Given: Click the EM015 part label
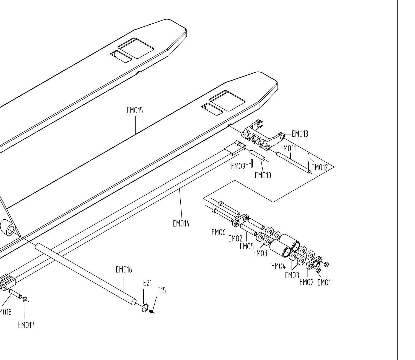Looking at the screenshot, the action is click(135, 110).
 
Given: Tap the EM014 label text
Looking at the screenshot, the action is click(181, 223).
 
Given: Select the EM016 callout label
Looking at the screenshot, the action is click(124, 270).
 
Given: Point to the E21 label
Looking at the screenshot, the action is click(147, 283).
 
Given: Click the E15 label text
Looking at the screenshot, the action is click(161, 290).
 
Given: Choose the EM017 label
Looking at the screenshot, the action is click(26, 325).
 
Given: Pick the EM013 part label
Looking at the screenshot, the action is click(300, 134).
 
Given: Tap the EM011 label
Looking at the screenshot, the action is click(288, 148).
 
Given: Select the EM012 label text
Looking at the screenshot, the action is click(320, 167).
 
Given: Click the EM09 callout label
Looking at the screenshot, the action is click(238, 166).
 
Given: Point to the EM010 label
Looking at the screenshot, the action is click(263, 176).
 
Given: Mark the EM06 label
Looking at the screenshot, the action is click(219, 232).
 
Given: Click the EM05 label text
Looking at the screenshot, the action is click(247, 246).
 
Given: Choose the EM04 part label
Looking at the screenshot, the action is click(279, 266).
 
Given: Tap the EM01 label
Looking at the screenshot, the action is click(324, 282).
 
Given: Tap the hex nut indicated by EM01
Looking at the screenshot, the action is click(318, 270).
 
